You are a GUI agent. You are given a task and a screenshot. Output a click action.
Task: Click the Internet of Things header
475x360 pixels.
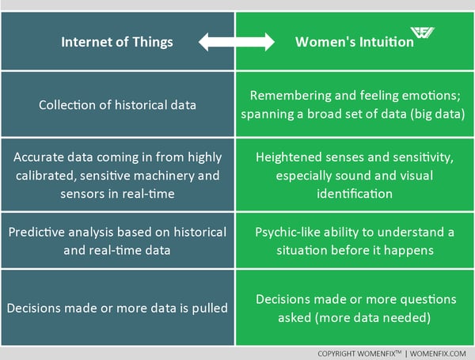pyautogui.click(x=117, y=42)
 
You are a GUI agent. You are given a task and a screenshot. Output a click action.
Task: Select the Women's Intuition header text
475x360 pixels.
pyautogui.click(x=355, y=42)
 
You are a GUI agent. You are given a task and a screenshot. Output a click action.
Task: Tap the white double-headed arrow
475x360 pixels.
pyautogui.click(x=236, y=42)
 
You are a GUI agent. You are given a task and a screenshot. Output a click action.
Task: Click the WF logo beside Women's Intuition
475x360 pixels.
pyautogui.click(x=422, y=32)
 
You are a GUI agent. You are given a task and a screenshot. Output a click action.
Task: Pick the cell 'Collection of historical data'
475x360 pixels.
pyautogui.click(x=117, y=105)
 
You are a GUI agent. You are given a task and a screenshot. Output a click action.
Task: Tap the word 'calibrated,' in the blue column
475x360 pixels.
pyautogui.click(x=45, y=176)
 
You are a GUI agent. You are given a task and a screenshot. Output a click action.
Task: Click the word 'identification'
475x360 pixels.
pyautogui.click(x=355, y=194)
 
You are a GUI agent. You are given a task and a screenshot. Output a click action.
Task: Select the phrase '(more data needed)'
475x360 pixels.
pyautogui.click(x=355, y=318)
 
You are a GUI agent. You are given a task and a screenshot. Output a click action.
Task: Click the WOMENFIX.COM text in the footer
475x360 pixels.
pyautogui.click(x=438, y=354)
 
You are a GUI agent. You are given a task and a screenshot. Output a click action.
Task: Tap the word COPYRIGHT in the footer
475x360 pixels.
pyautogui.click(x=336, y=354)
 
